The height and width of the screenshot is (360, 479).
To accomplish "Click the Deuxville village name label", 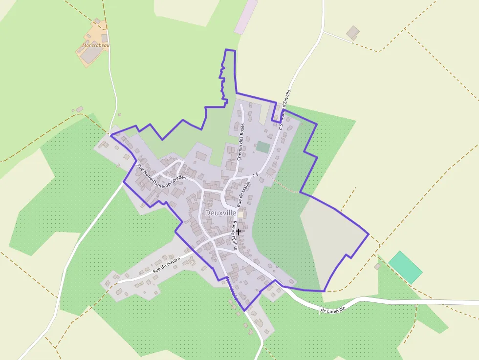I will click(x=221, y=213).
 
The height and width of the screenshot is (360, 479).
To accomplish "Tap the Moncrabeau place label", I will click(x=96, y=45).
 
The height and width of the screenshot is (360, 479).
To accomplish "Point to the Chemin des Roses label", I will click(x=240, y=142).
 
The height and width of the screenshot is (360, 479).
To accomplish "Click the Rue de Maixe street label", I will click(x=243, y=192).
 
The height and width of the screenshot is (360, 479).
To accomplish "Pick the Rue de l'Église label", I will click(x=235, y=236).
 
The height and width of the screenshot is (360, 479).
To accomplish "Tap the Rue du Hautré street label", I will click(x=167, y=263).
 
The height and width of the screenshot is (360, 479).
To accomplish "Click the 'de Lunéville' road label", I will click(x=336, y=309).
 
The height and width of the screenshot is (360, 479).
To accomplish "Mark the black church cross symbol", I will click(x=239, y=232).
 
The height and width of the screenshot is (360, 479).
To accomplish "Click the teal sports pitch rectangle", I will click(x=405, y=267).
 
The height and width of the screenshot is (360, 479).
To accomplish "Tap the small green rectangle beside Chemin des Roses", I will click(x=263, y=147).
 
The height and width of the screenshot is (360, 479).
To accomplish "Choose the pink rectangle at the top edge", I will click(x=246, y=17).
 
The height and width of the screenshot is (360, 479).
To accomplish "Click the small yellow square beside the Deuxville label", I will click(x=240, y=214).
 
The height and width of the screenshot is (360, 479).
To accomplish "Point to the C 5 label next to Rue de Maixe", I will click(x=255, y=174).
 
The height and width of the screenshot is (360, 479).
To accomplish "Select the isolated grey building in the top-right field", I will click(x=352, y=33).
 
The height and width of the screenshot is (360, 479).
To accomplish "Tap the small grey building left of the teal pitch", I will click(x=377, y=266).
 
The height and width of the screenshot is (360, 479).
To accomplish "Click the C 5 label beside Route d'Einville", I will click(x=281, y=125).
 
